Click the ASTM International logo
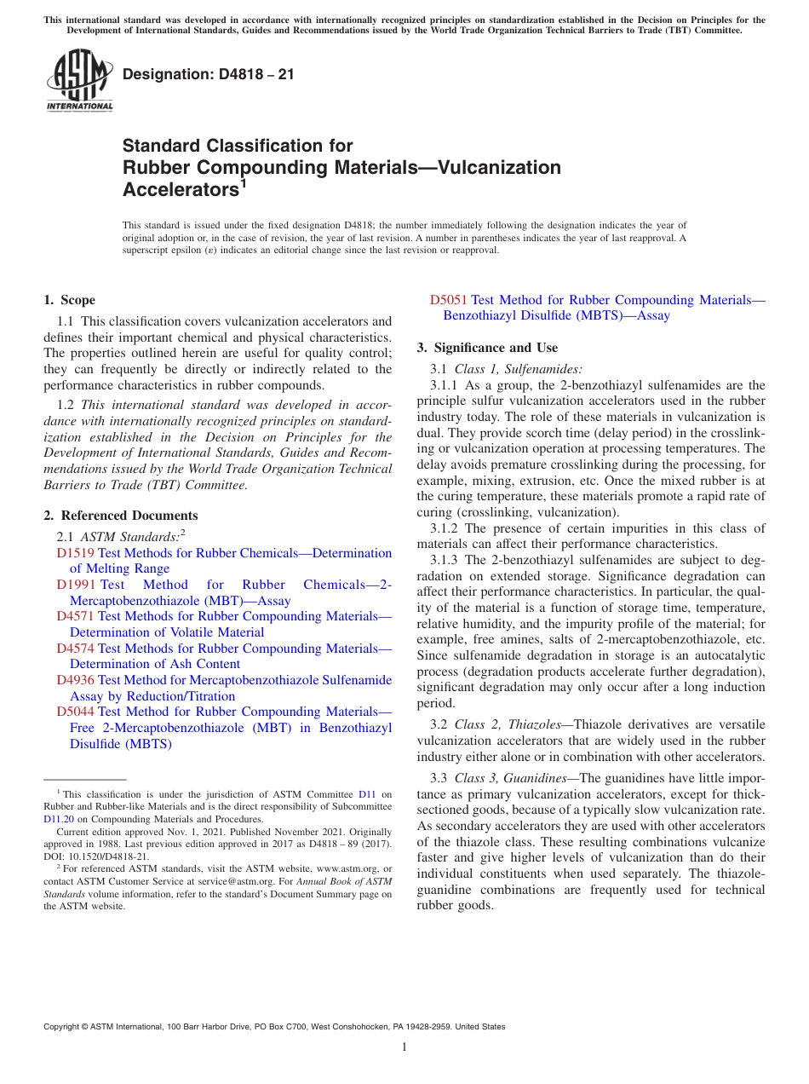pos(79,81)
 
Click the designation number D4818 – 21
pos(209,74)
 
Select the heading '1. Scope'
pos(69,300)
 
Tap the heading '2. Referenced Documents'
pos(120,516)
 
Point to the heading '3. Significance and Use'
pos(487,348)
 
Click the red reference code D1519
pos(75,553)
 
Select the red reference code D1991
pos(75,585)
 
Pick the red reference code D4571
pos(75,616)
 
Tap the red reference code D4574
pos(75,649)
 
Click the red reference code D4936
pos(75,680)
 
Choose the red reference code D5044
pos(75,712)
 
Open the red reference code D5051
pos(448,300)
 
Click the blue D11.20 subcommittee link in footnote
pos(58,819)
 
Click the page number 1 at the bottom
pos(404,1047)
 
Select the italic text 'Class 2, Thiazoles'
pos(508,724)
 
